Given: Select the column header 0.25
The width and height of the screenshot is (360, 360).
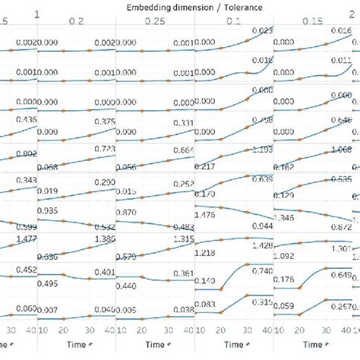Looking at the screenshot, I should click(153, 24).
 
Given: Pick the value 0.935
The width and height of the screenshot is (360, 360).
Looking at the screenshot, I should click(49, 210).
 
